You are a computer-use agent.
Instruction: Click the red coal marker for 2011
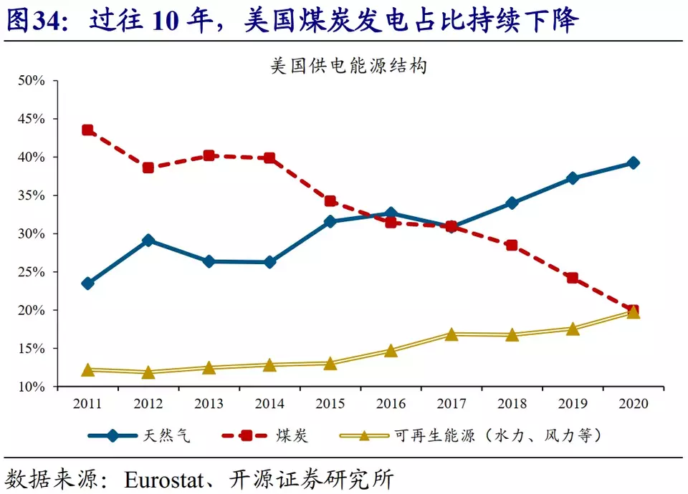click(87, 130)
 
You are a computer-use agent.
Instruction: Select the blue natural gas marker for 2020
click(633, 163)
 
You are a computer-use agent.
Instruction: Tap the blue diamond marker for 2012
click(148, 241)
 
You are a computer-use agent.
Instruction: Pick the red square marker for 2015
click(330, 201)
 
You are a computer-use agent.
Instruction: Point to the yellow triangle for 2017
click(451, 334)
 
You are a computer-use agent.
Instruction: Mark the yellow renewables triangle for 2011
click(87, 370)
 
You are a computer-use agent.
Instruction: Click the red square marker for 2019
click(573, 278)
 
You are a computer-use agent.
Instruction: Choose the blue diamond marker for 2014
click(269, 262)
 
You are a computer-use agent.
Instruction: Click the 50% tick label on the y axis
click(32, 80)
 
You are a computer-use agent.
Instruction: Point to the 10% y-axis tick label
click(32, 387)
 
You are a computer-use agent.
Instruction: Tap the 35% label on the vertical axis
click(32, 195)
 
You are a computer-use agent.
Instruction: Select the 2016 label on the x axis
click(391, 404)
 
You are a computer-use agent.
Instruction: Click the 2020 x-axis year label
click(633, 404)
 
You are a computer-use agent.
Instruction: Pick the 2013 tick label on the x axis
click(209, 404)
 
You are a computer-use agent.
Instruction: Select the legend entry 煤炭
click(291, 435)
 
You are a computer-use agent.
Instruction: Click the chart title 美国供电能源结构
click(348, 67)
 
